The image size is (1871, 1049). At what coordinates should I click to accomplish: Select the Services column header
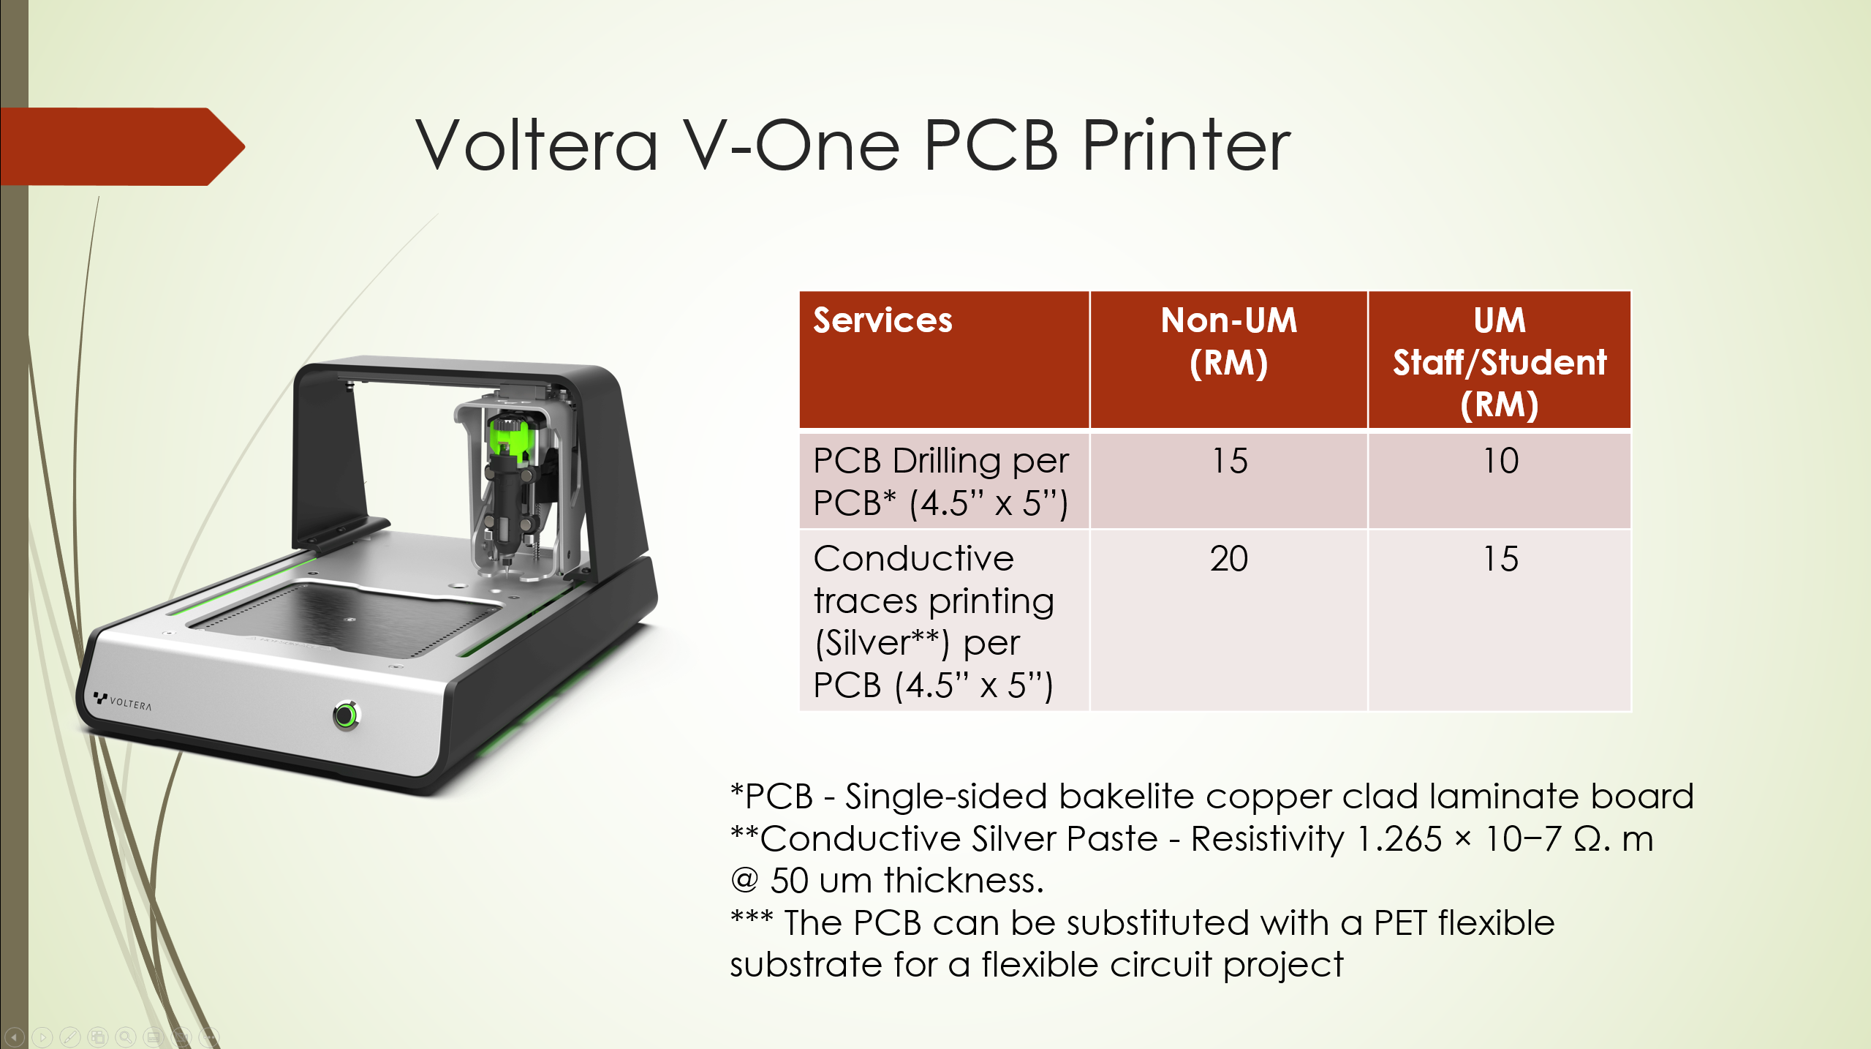(882, 320)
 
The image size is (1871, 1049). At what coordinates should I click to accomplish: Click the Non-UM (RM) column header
(1229, 342)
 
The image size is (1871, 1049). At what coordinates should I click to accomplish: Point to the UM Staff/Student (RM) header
(1500, 363)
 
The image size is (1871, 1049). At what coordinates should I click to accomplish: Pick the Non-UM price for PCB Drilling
(1230, 461)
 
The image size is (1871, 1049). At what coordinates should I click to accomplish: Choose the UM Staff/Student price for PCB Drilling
(1500, 461)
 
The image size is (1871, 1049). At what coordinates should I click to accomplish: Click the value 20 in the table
(1229, 559)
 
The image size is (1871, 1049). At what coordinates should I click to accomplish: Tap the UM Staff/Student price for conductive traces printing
(1500, 559)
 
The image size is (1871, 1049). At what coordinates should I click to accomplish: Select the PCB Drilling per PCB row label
(941, 482)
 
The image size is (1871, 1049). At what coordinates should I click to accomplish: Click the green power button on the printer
(346, 715)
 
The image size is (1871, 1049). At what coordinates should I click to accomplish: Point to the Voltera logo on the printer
(123, 701)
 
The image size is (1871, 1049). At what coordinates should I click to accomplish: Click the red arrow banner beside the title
(122, 146)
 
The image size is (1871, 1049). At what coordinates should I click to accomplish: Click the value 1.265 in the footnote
(1399, 838)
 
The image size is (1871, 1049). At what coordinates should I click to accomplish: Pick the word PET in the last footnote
(1399, 922)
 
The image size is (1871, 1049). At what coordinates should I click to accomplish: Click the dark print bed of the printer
(344, 618)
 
